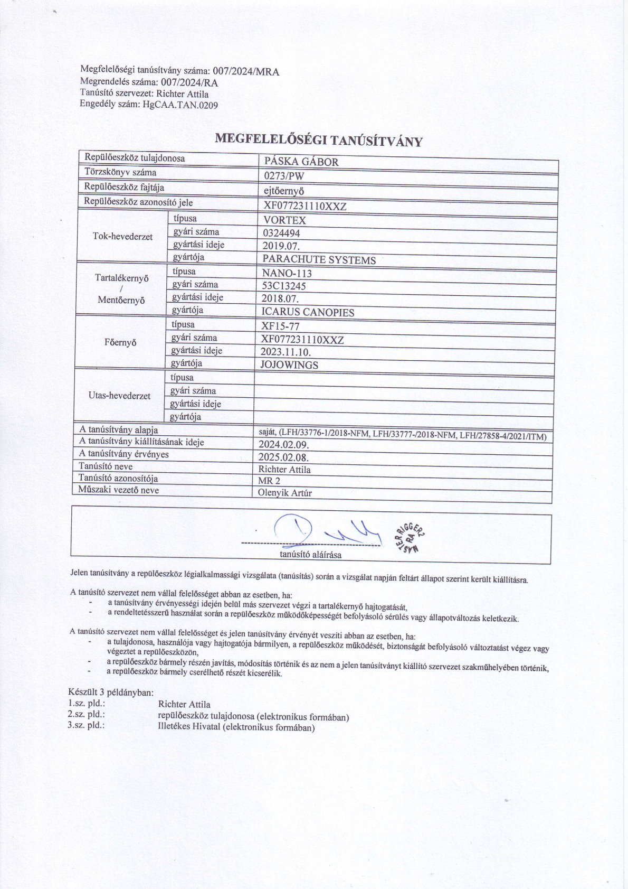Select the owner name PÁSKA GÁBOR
click(301, 162)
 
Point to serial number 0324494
click(281, 233)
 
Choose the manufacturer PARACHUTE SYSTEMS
click(319, 260)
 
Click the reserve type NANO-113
click(287, 273)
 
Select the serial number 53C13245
click(283, 286)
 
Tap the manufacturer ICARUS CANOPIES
click(308, 312)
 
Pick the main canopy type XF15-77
click(280, 326)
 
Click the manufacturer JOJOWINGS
click(289, 365)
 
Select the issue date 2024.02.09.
click(283, 444)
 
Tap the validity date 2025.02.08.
click(283, 457)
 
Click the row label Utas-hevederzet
click(119, 396)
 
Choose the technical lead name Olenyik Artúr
click(284, 493)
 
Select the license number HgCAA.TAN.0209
click(179, 105)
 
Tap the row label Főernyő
click(120, 342)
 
